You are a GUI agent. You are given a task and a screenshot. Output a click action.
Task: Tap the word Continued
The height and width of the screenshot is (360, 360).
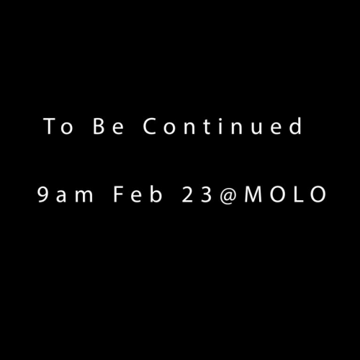(x=222, y=127)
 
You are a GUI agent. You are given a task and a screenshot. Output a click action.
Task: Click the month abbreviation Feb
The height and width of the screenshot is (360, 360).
(x=135, y=194)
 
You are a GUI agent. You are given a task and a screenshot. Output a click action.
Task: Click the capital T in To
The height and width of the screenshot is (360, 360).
(x=50, y=127)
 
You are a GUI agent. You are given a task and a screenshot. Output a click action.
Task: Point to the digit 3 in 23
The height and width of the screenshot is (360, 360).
(x=204, y=195)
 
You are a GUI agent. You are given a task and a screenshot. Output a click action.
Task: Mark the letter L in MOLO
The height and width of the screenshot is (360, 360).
(x=298, y=195)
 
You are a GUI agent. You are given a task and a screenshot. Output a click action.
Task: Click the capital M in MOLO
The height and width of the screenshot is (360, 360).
(x=253, y=195)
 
